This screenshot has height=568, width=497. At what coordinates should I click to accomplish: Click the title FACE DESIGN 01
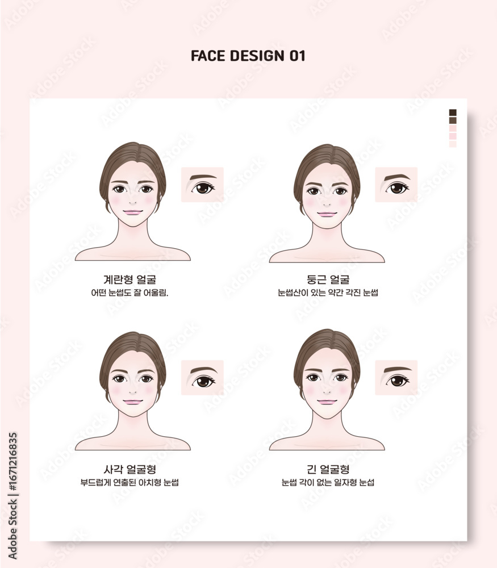(x=248, y=56)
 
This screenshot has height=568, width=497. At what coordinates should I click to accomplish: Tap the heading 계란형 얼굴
(x=130, y=279)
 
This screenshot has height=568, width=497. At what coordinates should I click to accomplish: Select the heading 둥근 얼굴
(x=328, y=279)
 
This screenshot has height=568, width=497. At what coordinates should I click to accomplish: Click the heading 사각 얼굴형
(x=130, y=470)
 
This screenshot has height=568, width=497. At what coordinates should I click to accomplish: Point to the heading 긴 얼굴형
(x=328, y=470)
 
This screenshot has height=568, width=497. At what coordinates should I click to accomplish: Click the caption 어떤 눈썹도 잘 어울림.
(x=130, y=293)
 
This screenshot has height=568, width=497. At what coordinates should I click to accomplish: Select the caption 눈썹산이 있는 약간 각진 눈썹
(x=328, y=293)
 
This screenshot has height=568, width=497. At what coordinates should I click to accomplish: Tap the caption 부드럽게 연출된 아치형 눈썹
(x=130, y=482)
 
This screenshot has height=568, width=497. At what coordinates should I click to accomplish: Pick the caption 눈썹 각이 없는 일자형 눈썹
(x=328, y=482)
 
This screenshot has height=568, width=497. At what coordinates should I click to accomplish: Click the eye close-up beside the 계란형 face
(x=202, y=185)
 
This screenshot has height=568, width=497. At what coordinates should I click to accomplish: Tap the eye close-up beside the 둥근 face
(x=396, y=185)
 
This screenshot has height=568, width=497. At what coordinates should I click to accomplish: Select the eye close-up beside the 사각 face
(x=202, y=378)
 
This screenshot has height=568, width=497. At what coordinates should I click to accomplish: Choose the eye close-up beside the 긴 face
(x=396, y=378)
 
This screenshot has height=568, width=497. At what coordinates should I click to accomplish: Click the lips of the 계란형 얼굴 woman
(x=132, y=212)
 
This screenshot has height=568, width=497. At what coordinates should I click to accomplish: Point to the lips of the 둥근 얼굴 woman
(x=327, y=215)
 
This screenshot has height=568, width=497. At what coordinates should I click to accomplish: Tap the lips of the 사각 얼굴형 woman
(x=132, y=402)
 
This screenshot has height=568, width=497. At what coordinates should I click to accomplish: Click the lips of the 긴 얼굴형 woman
(x=327, y=402)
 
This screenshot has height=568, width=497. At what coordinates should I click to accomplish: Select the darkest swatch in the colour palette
(x=453, y=112)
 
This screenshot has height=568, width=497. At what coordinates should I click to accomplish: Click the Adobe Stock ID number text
(x=12, y=462)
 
